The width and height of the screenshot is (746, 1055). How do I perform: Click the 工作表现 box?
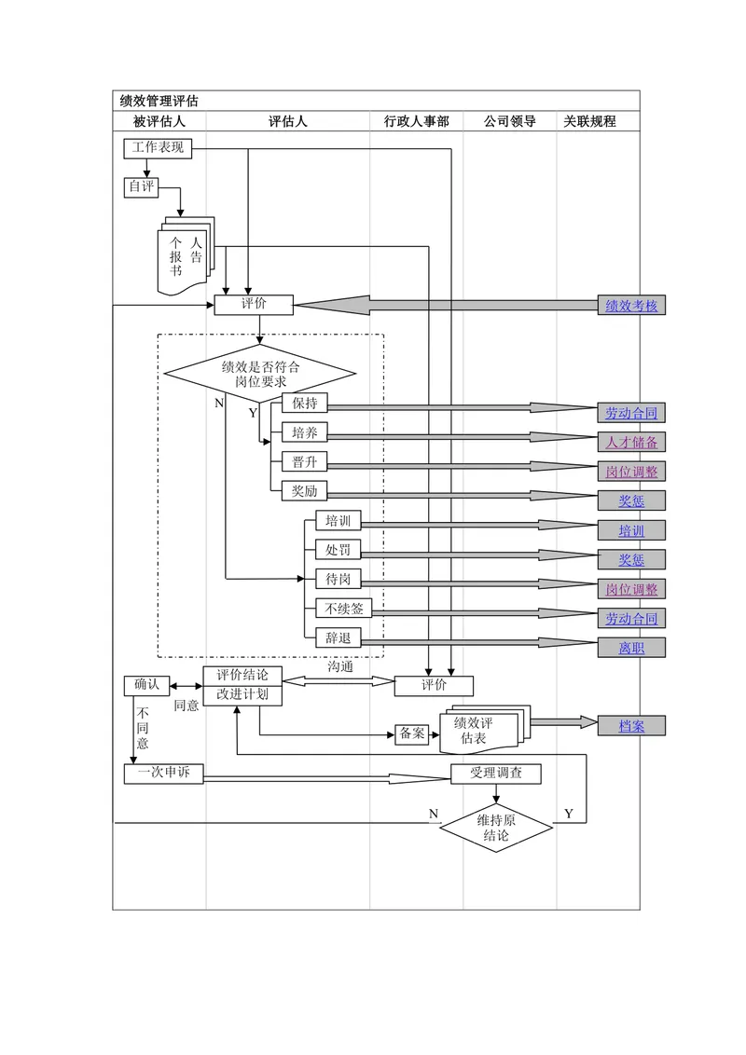158,148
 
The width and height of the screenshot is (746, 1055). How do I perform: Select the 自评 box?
142,187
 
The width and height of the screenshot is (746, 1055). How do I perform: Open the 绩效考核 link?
631,306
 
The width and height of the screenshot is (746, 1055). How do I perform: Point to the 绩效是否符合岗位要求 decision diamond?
260,374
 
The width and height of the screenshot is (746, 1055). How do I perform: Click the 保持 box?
305,404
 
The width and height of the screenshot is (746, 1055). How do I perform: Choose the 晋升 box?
305,462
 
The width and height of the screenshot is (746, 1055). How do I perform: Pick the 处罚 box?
338,551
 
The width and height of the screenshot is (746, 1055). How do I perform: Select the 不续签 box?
343,609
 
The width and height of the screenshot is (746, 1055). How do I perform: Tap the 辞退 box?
338,637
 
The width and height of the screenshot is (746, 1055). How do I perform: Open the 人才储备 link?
631,442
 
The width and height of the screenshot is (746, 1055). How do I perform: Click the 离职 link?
631,648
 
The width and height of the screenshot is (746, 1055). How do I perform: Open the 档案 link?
631,726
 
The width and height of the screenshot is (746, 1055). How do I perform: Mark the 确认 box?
146,686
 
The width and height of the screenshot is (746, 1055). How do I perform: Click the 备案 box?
412,734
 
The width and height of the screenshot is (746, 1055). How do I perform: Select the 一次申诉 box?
163,774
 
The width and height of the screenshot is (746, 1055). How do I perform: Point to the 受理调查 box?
495,774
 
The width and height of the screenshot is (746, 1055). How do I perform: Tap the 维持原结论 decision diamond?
496,829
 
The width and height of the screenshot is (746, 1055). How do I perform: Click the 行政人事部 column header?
416,122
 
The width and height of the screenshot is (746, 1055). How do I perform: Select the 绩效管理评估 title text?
159,101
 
